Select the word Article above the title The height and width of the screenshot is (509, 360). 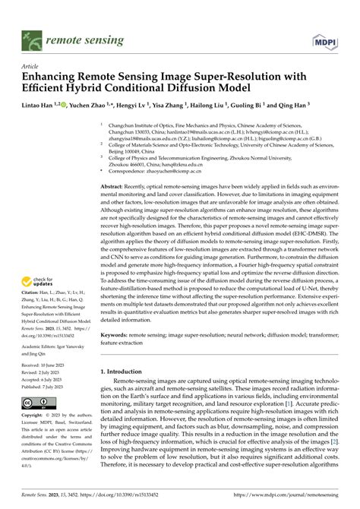(32, 66)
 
